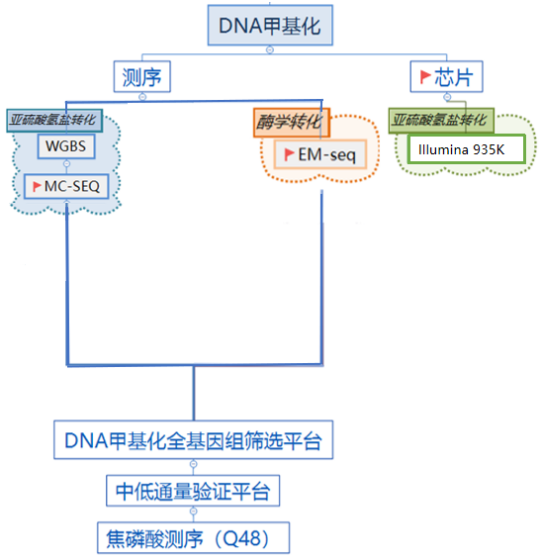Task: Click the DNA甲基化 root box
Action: tap(270, 25)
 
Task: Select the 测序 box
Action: tap(141, 76)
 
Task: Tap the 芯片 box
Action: tap(446, 76)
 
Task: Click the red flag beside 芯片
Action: tap(425, 76)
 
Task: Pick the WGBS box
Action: tap(66, 146)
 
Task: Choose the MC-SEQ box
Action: tap(66, 186)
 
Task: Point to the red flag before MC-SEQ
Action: tap(37, 186)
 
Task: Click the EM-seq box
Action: tap(320, 154)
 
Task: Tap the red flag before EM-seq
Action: tap(289, 154)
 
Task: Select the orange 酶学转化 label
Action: tap(292, 123)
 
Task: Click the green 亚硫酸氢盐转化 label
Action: tap(441, 121)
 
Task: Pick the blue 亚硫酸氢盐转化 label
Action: tap(54, 121)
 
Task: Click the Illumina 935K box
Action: tap(467, 149)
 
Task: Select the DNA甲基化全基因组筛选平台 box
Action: tap(193, 440)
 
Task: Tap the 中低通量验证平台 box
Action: tap(193, 491)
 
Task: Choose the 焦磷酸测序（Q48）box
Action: tap(193, 537)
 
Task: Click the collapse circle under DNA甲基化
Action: tap(270, 49)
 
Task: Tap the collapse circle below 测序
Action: tap(142, 96)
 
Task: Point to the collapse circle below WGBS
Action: tap(66, 163)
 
